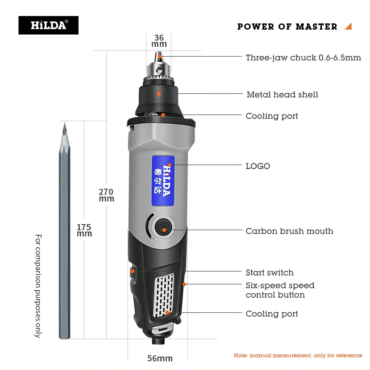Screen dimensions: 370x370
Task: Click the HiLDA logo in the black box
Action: coord(48,25)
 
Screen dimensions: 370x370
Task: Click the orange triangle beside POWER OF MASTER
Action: coord(348,26)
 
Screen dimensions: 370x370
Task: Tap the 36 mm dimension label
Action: coord(159,41)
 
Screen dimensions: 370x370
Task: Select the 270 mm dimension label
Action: coord(106,195)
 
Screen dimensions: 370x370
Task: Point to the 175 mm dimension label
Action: coord(84,230)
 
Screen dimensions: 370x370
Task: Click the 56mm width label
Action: coord(160,358)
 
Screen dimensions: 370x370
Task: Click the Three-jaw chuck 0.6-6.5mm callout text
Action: coord(303,58)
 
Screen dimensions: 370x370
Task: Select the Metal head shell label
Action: coord(282,94)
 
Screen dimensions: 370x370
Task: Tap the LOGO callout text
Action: coord(258,166)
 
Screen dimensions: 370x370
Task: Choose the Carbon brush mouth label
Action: coord(289,231)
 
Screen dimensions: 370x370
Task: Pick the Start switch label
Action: coord(270,272)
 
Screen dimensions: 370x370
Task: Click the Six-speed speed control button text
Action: coord(280,290)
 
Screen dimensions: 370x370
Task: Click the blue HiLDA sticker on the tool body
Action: coord(163,181)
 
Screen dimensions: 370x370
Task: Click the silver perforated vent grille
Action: coord(164,294)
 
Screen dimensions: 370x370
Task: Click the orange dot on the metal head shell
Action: coord(159,94)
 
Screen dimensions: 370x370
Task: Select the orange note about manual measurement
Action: coord(298,355)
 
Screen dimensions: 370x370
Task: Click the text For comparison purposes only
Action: coord(38,286)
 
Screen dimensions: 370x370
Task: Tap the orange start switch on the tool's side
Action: coord(133,271)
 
